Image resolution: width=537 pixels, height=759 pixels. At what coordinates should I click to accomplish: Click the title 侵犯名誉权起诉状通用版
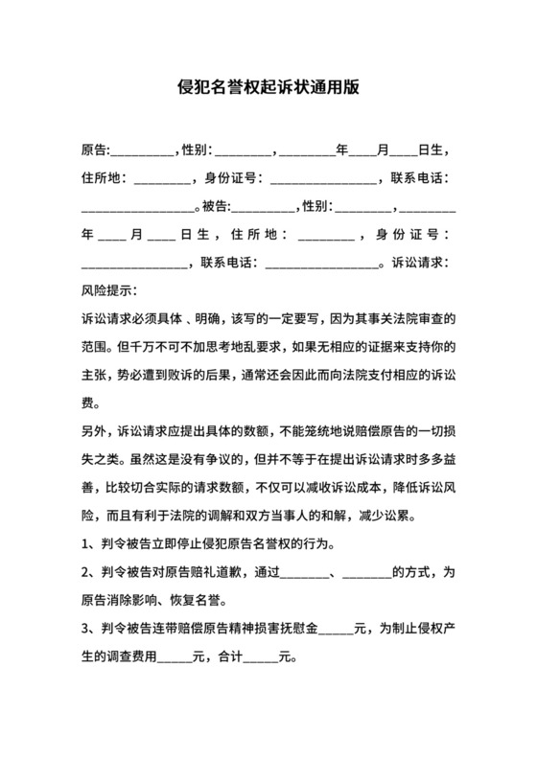pos(268,83)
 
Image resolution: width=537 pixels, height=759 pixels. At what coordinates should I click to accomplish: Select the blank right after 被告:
pos(264,206)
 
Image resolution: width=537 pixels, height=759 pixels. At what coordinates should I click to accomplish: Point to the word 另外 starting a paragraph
pos(96,427)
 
